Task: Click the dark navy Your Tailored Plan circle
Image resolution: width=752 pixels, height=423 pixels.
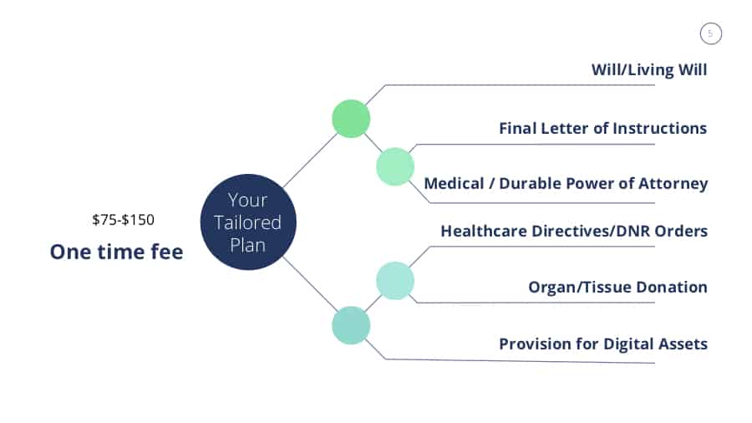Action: [249, 222]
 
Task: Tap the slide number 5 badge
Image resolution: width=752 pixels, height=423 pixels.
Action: [710, 34]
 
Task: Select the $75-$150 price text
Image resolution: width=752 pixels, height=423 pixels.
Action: [123, 220]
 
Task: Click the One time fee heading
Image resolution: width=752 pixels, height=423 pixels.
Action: [116, 252]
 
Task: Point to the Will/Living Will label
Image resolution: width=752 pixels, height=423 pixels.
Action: [648, 69]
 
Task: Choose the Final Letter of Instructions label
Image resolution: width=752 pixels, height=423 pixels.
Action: [602, 128]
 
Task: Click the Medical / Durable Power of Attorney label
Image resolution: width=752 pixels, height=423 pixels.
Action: [566, 183]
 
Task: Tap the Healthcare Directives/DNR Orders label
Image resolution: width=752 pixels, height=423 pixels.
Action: [574, 230]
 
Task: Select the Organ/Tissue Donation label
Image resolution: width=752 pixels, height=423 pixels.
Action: [617, 287]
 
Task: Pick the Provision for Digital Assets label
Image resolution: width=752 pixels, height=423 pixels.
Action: [602, 343]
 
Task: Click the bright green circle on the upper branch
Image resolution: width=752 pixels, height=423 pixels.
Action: [351, 118]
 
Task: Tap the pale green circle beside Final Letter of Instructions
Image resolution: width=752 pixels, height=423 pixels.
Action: [395, 166]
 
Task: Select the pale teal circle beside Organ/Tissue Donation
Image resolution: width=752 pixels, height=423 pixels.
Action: [395, 281]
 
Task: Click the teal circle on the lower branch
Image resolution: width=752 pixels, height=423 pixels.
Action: [351, 325]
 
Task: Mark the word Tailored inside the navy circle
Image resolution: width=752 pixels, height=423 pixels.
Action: [249, 223]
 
